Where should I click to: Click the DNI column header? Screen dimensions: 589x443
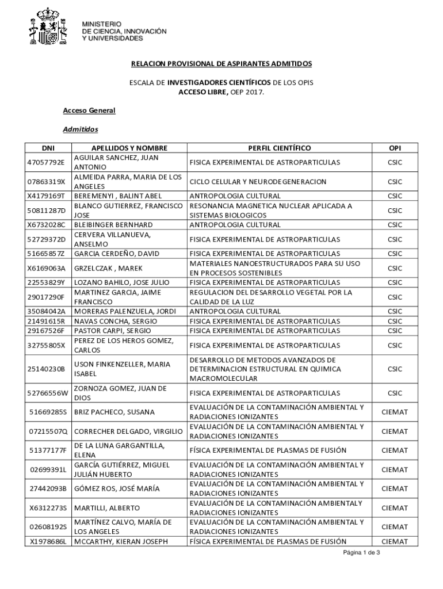pos(47,148)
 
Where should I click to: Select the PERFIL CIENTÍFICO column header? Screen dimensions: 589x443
pos(280,148)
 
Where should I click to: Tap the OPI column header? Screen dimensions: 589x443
pos(395,148)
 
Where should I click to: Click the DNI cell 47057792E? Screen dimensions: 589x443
pos(47,162)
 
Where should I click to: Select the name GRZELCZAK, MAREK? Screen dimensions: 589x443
pos(106,268)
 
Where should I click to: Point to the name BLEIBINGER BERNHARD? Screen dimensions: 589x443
pos(113,225)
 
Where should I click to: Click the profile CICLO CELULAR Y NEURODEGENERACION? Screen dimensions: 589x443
pos(258,182)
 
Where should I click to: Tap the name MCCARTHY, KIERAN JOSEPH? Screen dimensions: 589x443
pos(120,541)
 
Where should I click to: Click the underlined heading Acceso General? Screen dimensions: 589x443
pos(89,110)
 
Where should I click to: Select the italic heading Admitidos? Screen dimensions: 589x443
pos(81,129)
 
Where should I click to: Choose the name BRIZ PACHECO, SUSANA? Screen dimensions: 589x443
pos(110,412)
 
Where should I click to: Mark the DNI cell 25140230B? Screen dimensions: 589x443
pos(47,369)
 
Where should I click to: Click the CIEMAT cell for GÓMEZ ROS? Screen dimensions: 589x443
pos(395,488)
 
